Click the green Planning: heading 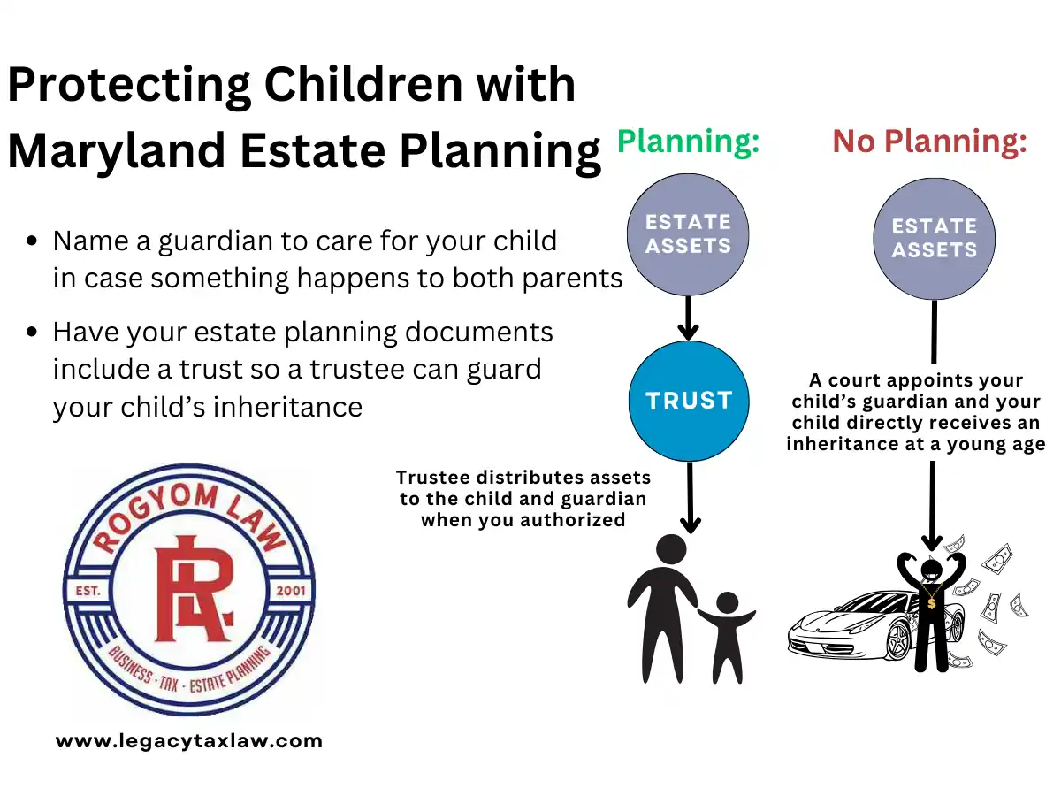[688, 142]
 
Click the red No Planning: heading [929, 142]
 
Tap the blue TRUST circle [689, 401]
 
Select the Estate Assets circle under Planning [688, 234]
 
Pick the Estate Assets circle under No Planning [934, 239]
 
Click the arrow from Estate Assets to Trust [688, 318]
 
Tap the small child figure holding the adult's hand [727, 637]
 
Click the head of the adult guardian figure [671, 549]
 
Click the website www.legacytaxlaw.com [189, 741]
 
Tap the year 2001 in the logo [291, 591]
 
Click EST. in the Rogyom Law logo [88, 591]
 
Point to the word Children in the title [364, 84]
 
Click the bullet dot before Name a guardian [32, 241]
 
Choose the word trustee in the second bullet [376, 369]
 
